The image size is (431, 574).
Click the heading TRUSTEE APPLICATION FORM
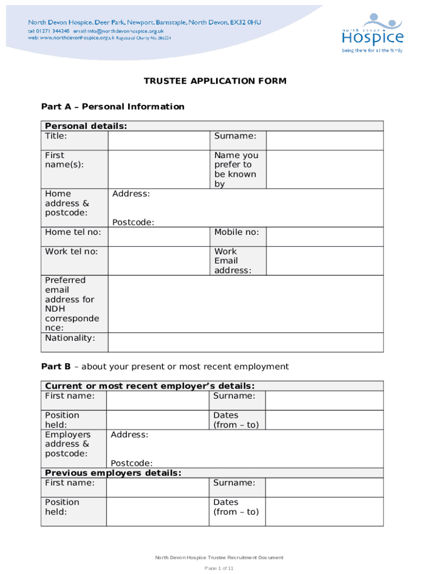coord(215,81)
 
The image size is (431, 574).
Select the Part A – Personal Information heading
coord(113,107)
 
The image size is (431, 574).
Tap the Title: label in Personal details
coord(56,136)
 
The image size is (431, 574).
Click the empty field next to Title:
coord(159,141)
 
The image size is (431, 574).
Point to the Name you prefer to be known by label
coord(236,169)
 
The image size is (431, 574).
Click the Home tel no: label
coord(73,232)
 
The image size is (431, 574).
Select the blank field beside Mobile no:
coord(324,237)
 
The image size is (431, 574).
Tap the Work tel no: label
coord(72,252)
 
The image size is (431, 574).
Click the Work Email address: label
coord(233,261)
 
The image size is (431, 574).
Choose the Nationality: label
coord(70,338)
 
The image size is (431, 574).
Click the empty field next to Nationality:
coord(245,342)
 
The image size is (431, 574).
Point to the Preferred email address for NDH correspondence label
coord(72,304)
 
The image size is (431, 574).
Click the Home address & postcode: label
coord(67,203)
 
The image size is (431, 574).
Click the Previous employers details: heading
coord(113,473)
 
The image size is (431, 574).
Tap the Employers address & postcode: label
coord(68,444)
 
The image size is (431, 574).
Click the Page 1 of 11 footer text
coord(218,568)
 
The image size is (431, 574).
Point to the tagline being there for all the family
coord(372,50)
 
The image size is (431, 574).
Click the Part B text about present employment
coord(165,367)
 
